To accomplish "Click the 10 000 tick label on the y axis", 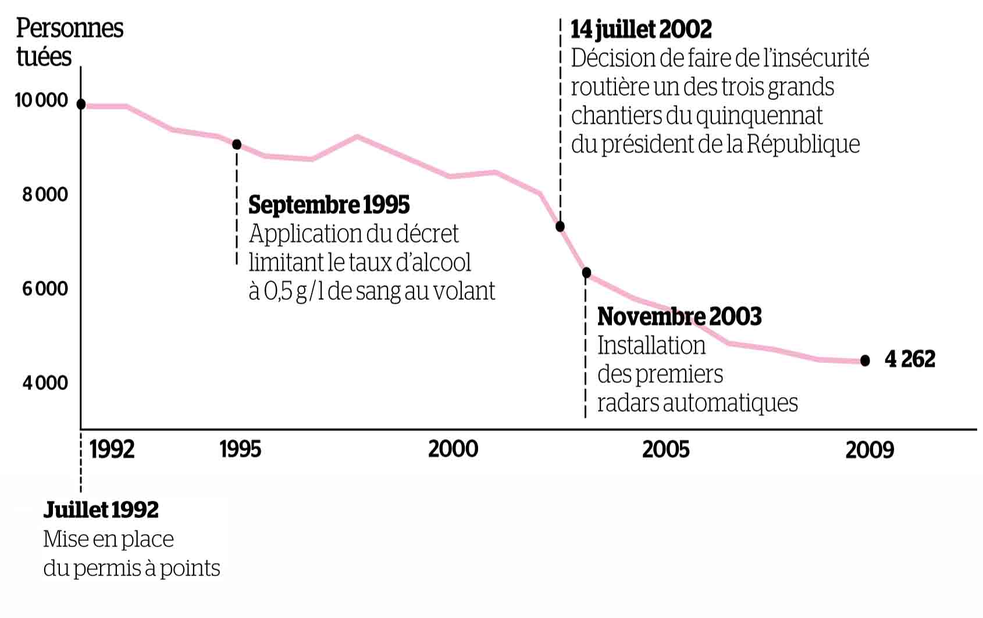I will (41, 101).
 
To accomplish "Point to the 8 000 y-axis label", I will (45, 195).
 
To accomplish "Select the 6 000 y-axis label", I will (45, 289).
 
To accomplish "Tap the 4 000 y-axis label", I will (45, 383).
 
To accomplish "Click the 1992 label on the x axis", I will (112, 449).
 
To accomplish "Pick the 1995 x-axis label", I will (241, 449).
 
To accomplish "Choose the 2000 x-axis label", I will (453, 449).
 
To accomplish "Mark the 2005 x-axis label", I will (666, 449).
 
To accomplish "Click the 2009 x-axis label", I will (870, 450).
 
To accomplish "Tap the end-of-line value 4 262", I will (910, 359).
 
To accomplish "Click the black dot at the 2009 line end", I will (865, 360).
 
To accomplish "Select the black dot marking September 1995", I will (237, 144).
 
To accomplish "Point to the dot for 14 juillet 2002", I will (560, 226).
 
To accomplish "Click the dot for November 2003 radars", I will (586, 273).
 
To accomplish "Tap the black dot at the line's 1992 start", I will (81, 104).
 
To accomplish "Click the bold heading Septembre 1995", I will (329, 205).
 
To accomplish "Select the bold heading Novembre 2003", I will (679, 317).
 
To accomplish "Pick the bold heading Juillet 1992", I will (101, 510).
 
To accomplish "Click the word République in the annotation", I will (803, 144).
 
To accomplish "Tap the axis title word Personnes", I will (70, 28).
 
